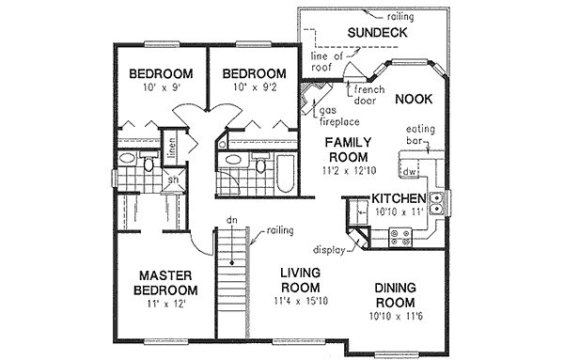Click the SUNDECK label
pos(376,33)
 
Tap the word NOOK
pos(413,99)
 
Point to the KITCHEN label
pos(399,199)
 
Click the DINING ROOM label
pos(395,295)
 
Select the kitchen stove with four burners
pos(398,239)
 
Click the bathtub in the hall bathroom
pos(283,174)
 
